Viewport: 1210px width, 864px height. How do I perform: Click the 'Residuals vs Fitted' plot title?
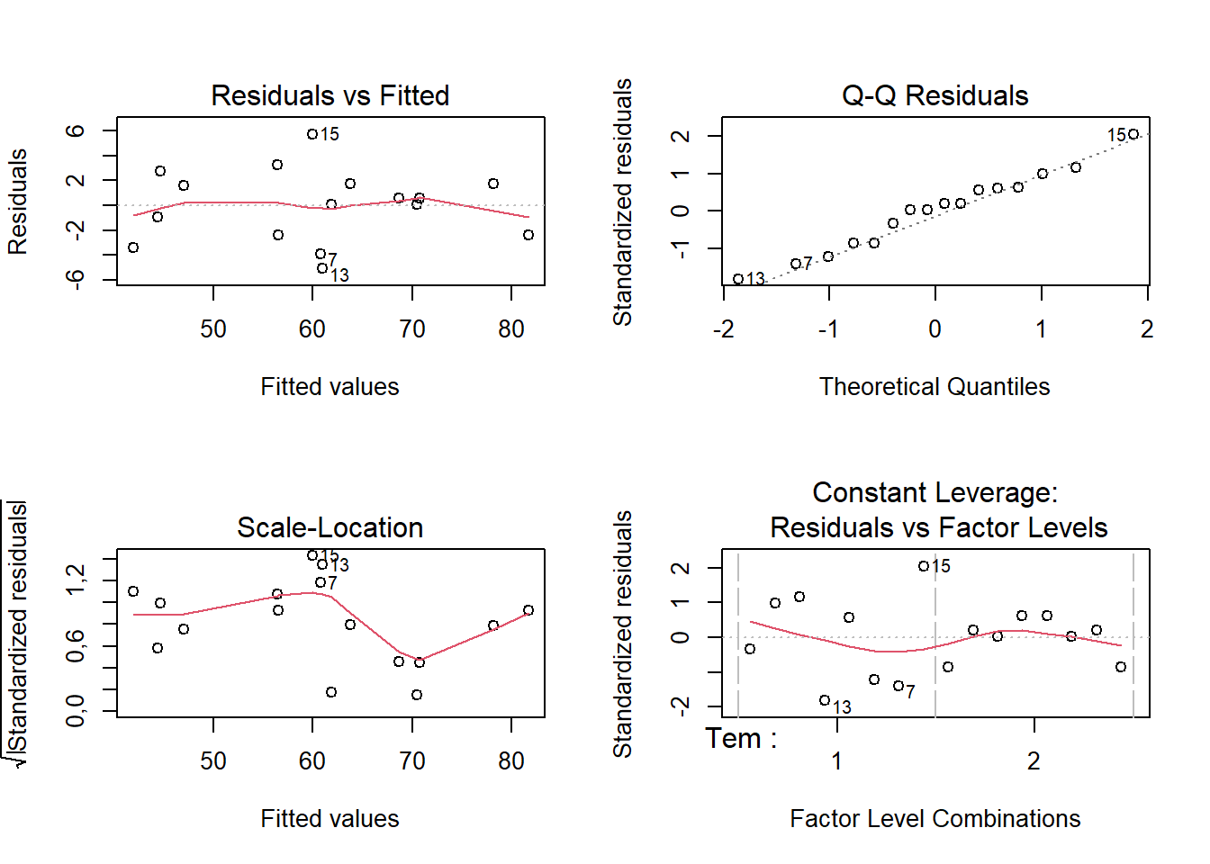[x=330, y=95]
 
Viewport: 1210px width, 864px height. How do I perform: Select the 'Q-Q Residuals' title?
[x=935, y=95]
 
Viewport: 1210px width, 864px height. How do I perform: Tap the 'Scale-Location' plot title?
[x=330, y=527]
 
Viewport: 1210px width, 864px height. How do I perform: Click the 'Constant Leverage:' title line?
[x=935, y=492]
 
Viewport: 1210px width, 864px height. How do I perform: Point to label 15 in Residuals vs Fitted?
[x=330, y=134]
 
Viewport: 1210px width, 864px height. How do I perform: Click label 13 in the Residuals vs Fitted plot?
[x=339, y=275]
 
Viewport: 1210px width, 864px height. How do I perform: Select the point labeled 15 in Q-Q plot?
[x=1133, y=134]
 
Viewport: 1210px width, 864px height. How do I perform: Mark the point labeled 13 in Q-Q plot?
[x=738, y=279]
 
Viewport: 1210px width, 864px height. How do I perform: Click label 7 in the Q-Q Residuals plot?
[x=808, y=263]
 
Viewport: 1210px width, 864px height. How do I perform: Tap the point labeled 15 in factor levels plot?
[x=924, y=566]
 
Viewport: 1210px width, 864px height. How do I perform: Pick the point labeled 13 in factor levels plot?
[x=825, y=700]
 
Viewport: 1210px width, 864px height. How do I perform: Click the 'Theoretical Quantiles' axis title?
[x=935, y=387]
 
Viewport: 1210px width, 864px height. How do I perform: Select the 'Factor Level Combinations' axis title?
[x=935, y=819]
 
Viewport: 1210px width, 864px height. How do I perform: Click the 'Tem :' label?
[x=741, y=739]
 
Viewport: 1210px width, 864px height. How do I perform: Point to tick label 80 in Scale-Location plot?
[x=511, y=761]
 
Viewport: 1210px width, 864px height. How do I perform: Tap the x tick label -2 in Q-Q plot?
[x=723, y=329]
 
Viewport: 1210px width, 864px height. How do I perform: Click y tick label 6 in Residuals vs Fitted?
[x=77, y=130]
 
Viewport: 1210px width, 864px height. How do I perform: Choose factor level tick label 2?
[x=1034, y=761]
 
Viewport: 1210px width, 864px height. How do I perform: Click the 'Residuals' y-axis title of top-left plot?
[x=18, y=202]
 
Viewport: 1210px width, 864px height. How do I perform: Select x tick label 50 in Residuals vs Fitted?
[x=213, y=329]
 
